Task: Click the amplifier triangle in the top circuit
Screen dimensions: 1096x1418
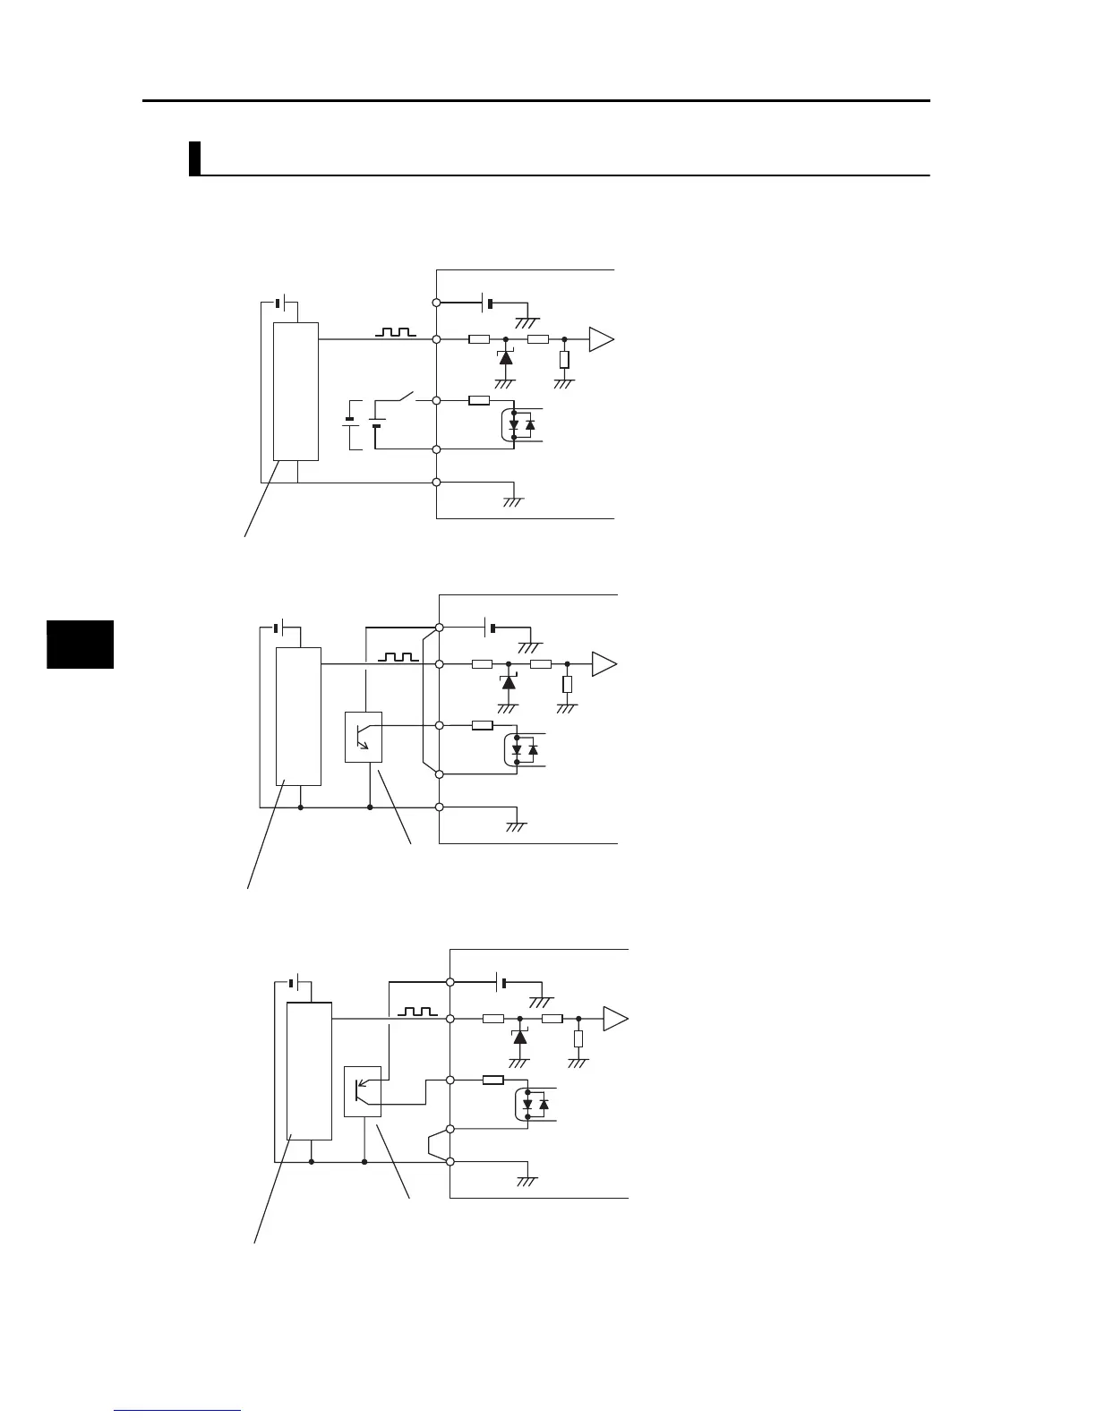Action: click(x=600, y=339)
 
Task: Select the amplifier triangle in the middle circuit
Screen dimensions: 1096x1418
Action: click(x=604, y=664)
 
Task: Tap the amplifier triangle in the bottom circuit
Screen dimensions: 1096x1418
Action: click(x=614, y=1018)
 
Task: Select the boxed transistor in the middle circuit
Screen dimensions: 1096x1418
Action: click(x=364, y=737)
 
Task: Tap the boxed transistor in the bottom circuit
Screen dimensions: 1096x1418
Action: click(x=363, y=1091)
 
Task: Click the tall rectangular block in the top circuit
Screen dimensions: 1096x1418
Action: click(x=295, y=391)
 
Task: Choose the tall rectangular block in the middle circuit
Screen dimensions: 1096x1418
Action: click(x=298, y=716)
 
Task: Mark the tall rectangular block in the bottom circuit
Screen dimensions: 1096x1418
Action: click(x=309, y=1071)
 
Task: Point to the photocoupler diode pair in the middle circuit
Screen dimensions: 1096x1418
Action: click(x=523, y=750)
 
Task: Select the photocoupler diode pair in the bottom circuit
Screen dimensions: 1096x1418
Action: click(x=534, y=1105)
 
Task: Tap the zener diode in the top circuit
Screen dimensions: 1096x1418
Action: click(x=505, y=357)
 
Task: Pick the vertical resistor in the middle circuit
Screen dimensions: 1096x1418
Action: click(x=568, y=685)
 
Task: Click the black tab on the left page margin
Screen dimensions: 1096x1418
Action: click(x=80, y=644)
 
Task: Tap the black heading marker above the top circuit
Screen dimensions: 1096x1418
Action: click(x=193, y=158)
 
